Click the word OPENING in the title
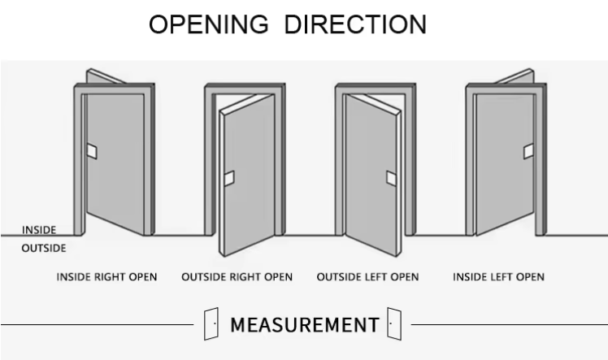(x=209, y=24)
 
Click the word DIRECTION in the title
(x=355, y=24)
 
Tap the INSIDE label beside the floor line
(x=39, y=230)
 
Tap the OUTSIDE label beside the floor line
(x=44, y=248)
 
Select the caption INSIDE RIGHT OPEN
(x=106, y=277)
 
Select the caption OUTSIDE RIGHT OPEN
(x=237, y=277)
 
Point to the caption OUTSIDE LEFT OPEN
(x=367, y=277)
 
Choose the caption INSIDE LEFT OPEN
(x=498, y=277)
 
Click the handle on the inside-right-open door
(x=92, y=151)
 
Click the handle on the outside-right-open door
(x=229, y=178)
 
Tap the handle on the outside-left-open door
(x=391, y=178)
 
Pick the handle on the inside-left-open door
(x=528, y=151)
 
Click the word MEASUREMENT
(x=305, y=325)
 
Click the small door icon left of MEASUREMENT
(x=211, y=324)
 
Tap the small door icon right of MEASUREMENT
(x=394, y=324)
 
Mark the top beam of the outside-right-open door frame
(x=245, y=89)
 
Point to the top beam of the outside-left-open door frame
(x=376, y=89)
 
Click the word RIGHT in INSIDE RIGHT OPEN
(x=111, y=277)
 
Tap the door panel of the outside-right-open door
(x=248, y=175)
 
